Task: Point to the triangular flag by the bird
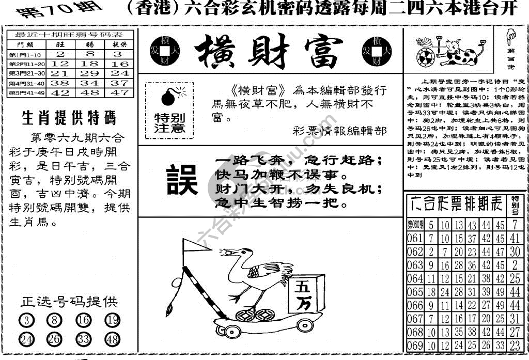coord(197,247)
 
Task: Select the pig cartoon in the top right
coord(457,51)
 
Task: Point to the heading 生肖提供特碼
coord(69,118)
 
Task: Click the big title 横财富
coord(269,52)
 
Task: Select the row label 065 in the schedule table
coord(415,292)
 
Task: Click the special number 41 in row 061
coord(514,238)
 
